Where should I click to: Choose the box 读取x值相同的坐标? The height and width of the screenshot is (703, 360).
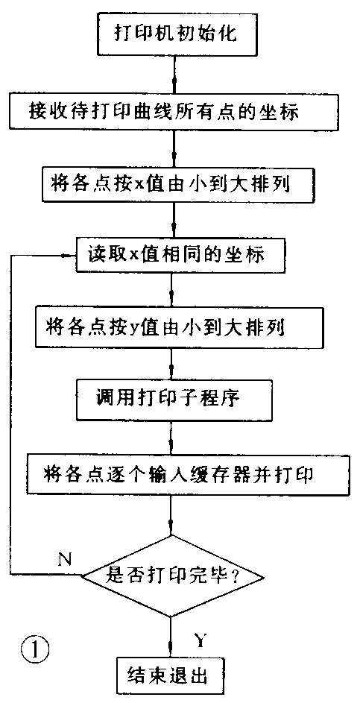click(x=181, y=255)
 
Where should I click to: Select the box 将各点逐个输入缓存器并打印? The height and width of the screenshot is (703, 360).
click(x=177, y=473)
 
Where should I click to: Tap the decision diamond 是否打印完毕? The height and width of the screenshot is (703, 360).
click(x=173, y=575)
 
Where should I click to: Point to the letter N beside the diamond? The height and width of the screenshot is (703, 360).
click(x=65, y=559)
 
